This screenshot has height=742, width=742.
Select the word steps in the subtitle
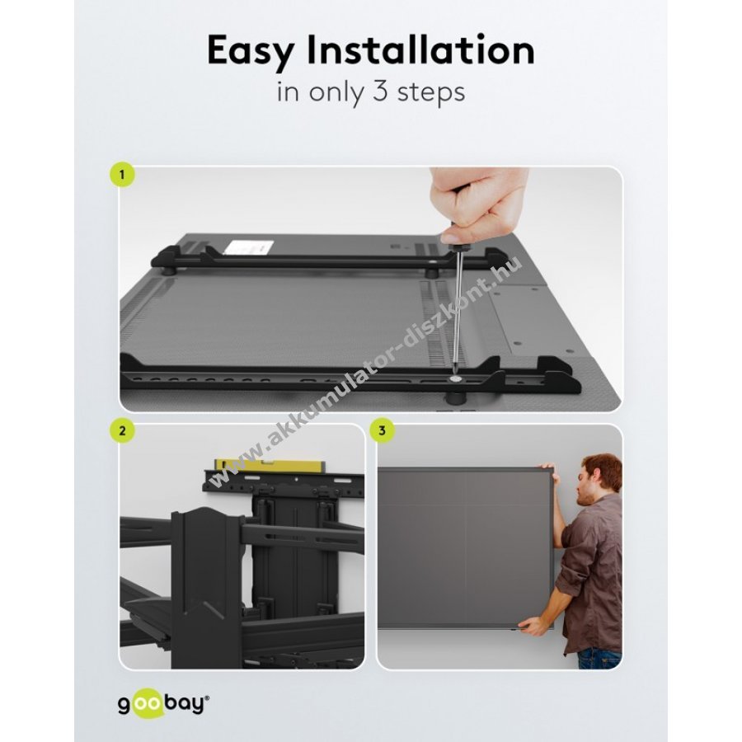(431, 92)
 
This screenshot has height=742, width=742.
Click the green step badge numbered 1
(122, 175)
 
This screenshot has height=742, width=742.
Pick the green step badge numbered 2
(122, 431)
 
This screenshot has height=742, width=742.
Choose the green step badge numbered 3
(382, 431)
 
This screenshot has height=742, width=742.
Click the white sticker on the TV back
(248, 247)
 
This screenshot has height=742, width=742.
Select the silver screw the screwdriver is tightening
(455, 379)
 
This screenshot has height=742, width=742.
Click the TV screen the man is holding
(466, 548)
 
